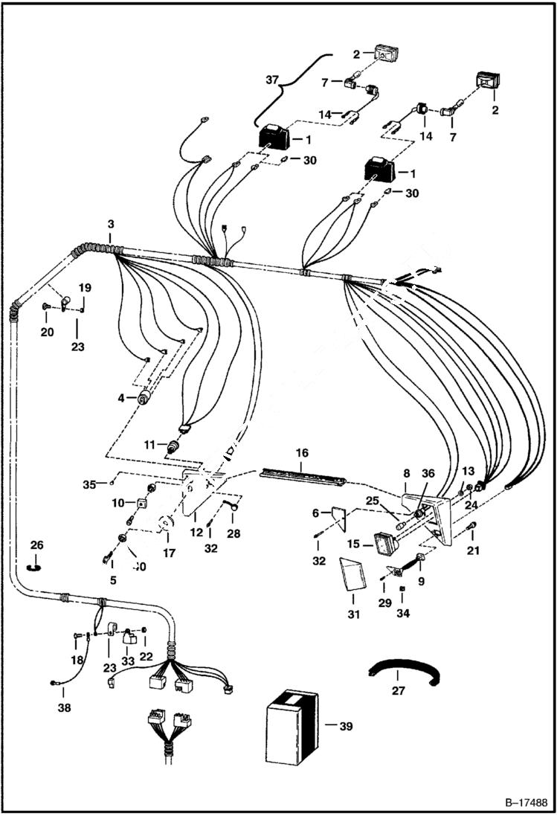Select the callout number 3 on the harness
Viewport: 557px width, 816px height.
[x=110, y=225]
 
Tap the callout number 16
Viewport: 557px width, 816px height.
[x=302, y=452]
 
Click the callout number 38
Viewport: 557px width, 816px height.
[x=65, y=708]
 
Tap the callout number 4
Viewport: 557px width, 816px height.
[x=120, y=398]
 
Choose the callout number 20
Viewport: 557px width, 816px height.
[x=47, y=332]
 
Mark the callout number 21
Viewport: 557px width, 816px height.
[x=473, y=550]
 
